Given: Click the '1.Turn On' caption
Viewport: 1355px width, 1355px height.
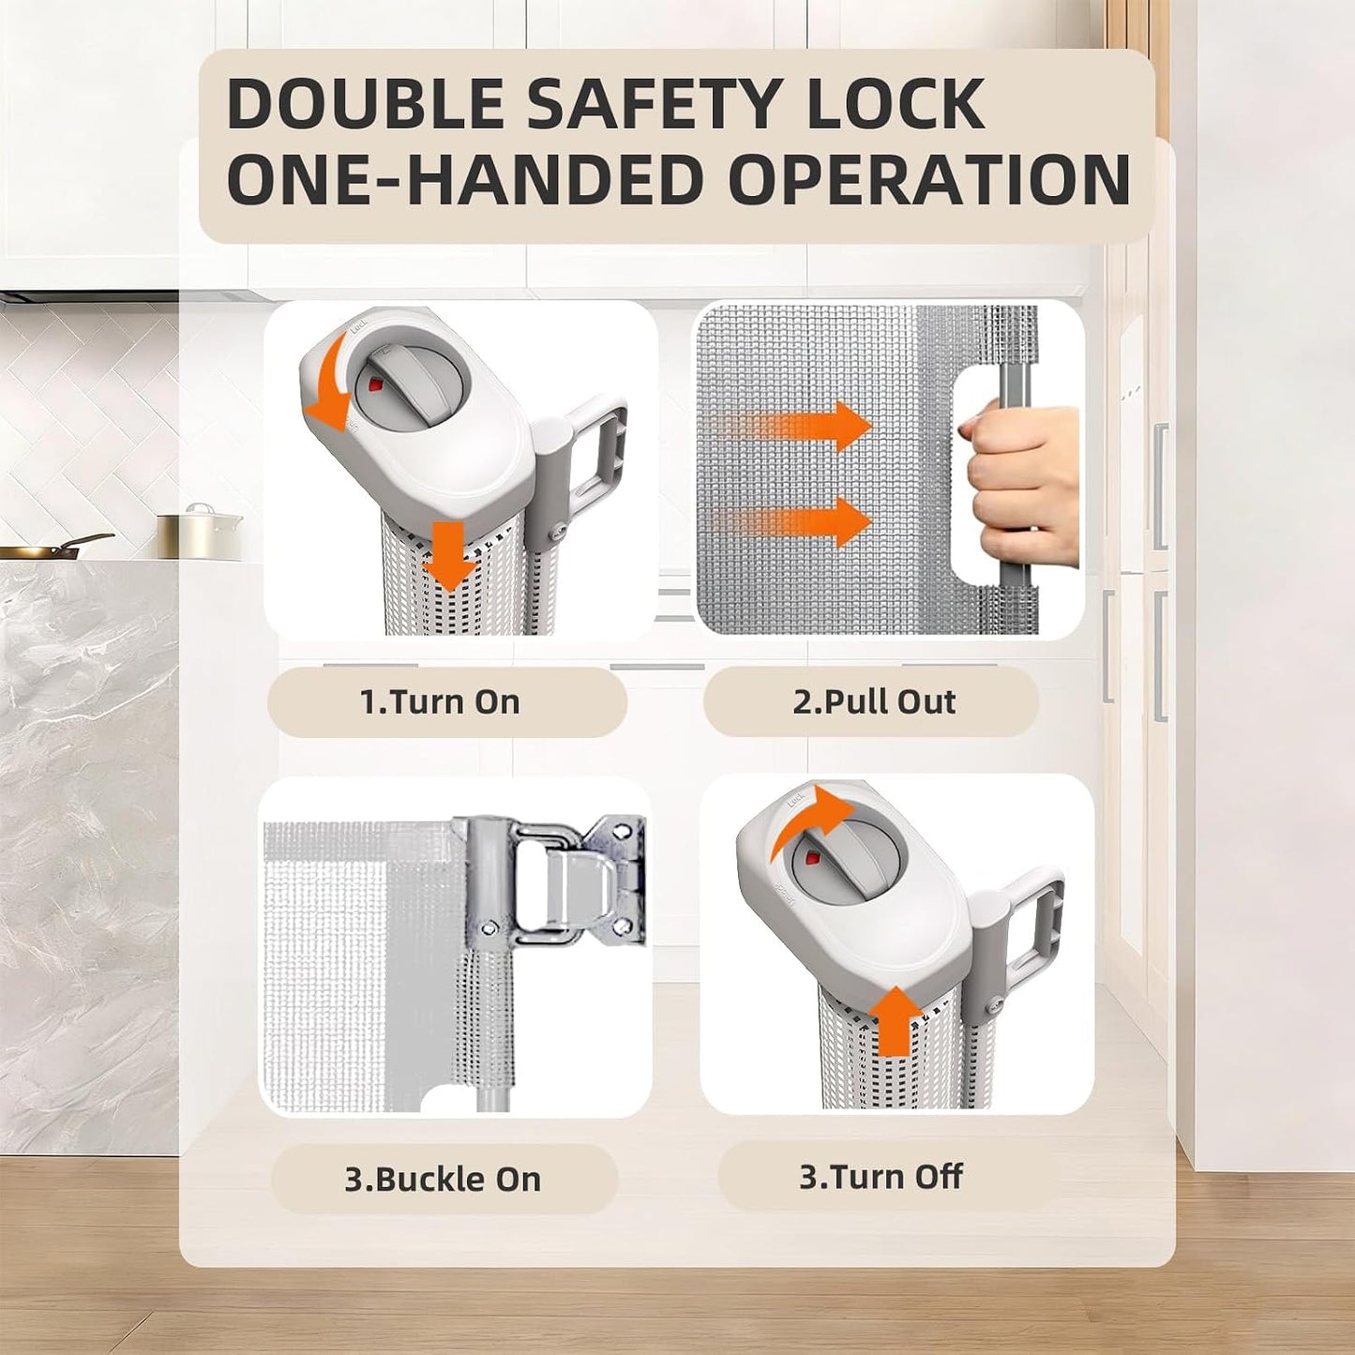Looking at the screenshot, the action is [x=440, y=701].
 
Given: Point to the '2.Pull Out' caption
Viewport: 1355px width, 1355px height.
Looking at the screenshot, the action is [x=874, y=701].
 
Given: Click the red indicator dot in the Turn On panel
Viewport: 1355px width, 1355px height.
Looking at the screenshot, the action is [x=375, y=384].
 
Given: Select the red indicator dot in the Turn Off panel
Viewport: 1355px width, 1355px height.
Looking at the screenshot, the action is [x=814, y=859].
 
